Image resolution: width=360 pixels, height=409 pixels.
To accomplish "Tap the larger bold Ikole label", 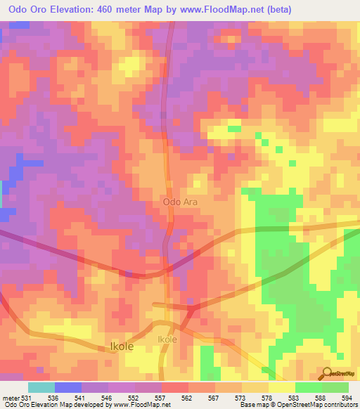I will point(122,346).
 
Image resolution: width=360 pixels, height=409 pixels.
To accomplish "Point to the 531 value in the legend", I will point(27,398).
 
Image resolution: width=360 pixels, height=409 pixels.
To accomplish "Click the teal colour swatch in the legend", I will point(41,387).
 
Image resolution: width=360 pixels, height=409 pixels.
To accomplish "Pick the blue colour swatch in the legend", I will point(67,387).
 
